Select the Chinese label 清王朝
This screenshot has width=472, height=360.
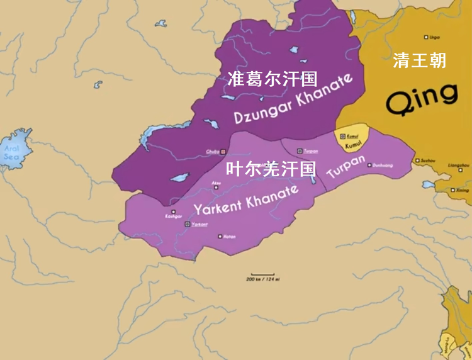pos(419,60)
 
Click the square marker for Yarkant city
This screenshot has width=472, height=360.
pos(186,224)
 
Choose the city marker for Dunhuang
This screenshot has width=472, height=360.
pos(369,165)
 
